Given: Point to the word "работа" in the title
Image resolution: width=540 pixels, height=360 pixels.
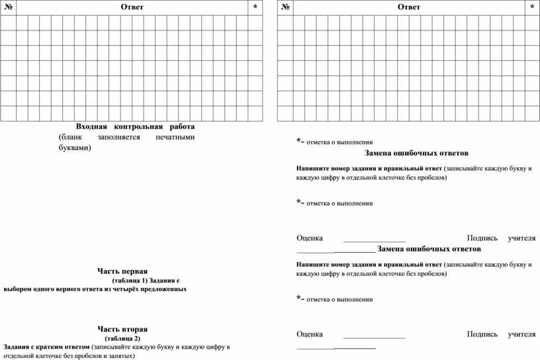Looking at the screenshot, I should (181, 126).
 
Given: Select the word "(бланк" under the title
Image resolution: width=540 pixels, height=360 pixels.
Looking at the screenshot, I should (69, 137).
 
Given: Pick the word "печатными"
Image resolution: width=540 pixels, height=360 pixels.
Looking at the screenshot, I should (177, 137).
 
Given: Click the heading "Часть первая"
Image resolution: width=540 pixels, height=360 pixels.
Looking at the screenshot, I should (122, 271).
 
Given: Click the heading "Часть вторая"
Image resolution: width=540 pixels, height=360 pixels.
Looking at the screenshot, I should (122, 329).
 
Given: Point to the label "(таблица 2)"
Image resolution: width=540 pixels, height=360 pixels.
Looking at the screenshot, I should (122, 338).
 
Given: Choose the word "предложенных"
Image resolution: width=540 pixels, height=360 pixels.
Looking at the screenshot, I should (161, 289).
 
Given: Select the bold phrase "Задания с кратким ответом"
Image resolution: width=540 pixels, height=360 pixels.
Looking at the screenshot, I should (46, 347).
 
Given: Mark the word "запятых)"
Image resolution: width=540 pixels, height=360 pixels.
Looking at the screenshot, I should (121, 356).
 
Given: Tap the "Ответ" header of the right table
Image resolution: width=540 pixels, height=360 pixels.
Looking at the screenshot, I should (409, 7).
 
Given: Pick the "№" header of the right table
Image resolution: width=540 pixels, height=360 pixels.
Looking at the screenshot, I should (285, 7).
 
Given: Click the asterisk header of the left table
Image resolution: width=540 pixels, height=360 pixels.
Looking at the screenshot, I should (255, 7).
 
